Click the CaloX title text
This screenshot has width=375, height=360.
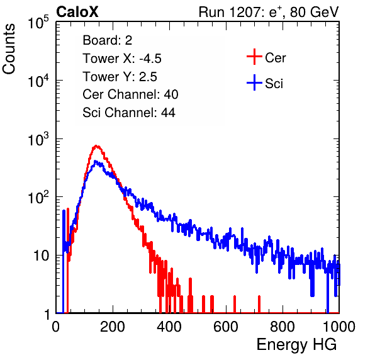coord(77,12)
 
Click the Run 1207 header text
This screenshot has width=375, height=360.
coord(269,12)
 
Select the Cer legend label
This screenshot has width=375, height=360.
coord(275,58)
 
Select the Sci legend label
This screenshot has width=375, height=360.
coord(274,84)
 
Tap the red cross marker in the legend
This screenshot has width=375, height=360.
coord(254,57)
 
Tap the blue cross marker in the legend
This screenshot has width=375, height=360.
coord(254,82)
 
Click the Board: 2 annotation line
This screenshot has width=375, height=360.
coord(108,40)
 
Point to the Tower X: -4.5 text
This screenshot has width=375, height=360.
coord(122,59)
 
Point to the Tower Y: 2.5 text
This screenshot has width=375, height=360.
coord(120,77)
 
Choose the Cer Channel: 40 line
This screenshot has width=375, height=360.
coord(130,94)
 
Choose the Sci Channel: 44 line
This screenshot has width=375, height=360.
coord(129,113)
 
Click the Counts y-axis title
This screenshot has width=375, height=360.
coord(9,49)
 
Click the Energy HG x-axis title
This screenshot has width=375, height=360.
coord(296,345)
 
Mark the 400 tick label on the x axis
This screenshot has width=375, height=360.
coord(169,327)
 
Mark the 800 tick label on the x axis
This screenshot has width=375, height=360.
coord(283,327)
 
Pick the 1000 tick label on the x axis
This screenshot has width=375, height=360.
coord(339,327)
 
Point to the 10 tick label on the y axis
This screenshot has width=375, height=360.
coord(42,256)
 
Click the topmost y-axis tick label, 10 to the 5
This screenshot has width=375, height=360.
coord(38,22)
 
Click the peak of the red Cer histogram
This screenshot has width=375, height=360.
coord(96,145)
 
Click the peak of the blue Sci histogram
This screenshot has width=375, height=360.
coord(96,161)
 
